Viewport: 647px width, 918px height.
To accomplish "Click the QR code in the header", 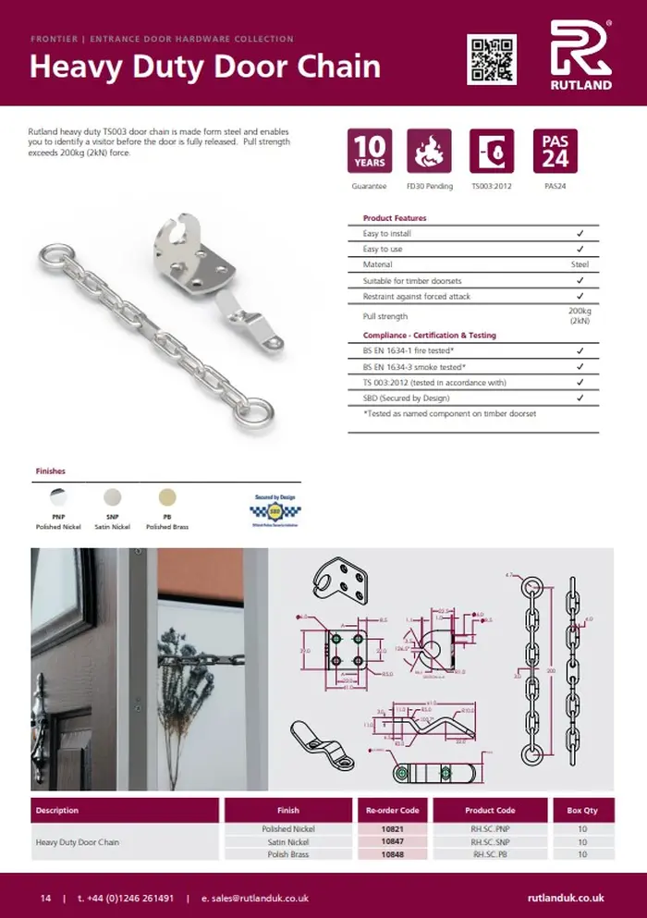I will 491,58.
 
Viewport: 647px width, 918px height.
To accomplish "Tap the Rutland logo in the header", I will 580,55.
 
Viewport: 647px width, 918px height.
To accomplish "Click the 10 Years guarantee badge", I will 370,152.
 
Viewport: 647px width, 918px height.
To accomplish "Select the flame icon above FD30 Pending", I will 429,152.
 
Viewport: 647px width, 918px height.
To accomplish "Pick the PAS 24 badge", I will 555,152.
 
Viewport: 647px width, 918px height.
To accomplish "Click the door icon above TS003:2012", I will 492,152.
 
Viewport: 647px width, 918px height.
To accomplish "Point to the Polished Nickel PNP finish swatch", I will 57,497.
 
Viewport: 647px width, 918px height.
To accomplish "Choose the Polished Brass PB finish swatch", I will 167,497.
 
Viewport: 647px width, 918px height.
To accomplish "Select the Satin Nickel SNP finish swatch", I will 113,497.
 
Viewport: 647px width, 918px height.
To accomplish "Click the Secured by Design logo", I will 274,509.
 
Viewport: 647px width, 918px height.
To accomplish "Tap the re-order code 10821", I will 392,829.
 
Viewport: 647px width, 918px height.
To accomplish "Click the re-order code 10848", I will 392,855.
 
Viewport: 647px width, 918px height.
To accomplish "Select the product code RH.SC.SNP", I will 490,842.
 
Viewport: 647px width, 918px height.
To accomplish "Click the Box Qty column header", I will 582,811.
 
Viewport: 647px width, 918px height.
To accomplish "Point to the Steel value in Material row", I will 580,264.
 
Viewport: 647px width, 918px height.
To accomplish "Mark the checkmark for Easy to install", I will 580,234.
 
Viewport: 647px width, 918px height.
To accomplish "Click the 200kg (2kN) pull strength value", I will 580,315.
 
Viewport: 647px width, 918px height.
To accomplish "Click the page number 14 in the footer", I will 45,899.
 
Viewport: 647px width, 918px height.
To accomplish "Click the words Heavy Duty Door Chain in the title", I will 204,67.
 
